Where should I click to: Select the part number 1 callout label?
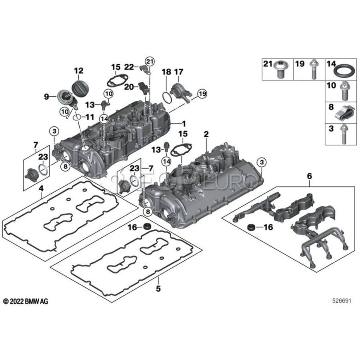click(184, 124)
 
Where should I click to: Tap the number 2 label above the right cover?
click(206, 134)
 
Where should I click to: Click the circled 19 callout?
click(202, 94)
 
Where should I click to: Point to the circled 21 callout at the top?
click(150, 61)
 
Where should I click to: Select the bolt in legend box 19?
click(313, 69)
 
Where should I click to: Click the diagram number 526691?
click(342, 301)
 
